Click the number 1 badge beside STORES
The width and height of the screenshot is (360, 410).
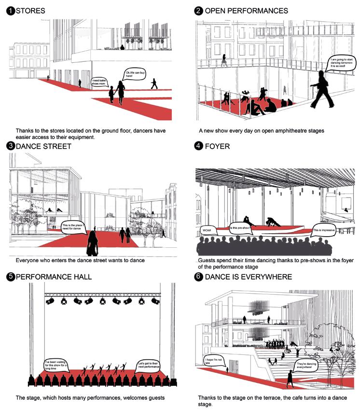(10, 11)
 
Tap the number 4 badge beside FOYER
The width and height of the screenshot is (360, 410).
(198, 146)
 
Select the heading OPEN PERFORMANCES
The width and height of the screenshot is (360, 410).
(246, 11)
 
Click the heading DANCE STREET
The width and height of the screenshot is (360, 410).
(43, 146)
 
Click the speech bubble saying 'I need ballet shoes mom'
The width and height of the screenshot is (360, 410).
(98, 82)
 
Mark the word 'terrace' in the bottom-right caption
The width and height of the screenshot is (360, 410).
(264, 398)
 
